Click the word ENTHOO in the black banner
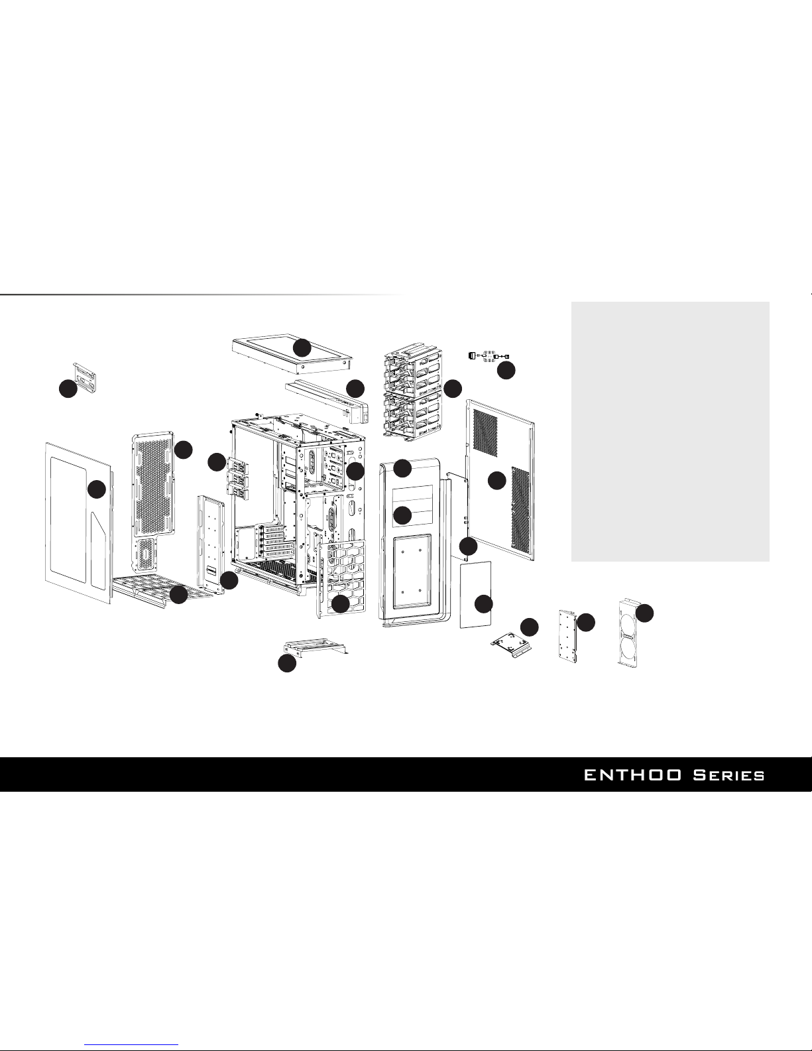634,775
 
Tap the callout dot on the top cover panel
302,347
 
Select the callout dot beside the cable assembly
506,371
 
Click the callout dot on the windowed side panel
97,489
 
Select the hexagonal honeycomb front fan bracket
341,577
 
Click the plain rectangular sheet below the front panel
475,593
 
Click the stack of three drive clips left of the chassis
236,476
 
